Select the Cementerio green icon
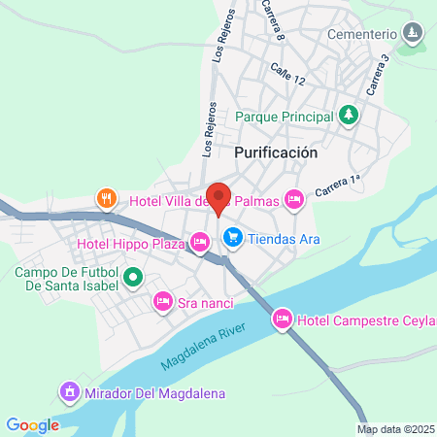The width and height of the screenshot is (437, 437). pos(413,34)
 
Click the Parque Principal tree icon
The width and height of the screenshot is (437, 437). pos(349,116)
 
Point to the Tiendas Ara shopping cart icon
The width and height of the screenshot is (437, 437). pos(233,236)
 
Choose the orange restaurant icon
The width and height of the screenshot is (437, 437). pos(107,199)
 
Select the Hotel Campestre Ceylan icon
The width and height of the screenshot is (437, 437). pos(283,319)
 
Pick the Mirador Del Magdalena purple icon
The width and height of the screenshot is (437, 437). pos(69,393)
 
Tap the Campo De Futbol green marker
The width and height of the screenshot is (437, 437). pos(134,279)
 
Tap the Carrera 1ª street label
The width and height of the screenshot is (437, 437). pos(337,182)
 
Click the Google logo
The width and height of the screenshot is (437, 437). pos(32,424)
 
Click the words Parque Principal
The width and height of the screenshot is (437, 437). pos(284,117)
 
